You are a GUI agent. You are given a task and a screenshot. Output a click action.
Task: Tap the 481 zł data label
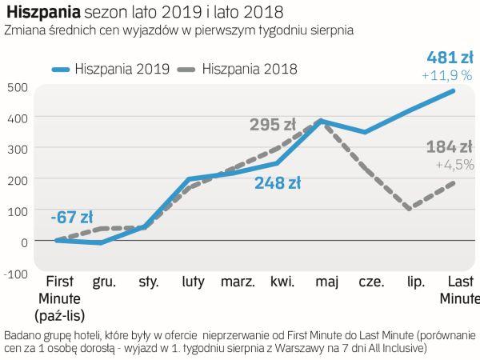click(x=448, y=58)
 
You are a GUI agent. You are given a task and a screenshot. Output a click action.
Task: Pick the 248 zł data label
click(x=278, y=183)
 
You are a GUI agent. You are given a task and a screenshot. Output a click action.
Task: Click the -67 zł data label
click(x=71, y=217)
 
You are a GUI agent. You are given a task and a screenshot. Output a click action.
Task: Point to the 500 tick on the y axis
click(x=16, y=87)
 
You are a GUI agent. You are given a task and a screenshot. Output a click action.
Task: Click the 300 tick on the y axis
click(x=16, y=149)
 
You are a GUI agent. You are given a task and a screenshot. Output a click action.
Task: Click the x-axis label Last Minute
click(x=458, y=290)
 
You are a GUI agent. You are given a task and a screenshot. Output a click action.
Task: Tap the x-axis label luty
click(x=193, y=282)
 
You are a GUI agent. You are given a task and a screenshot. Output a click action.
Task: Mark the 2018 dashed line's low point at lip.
click(x=410, y=209)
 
